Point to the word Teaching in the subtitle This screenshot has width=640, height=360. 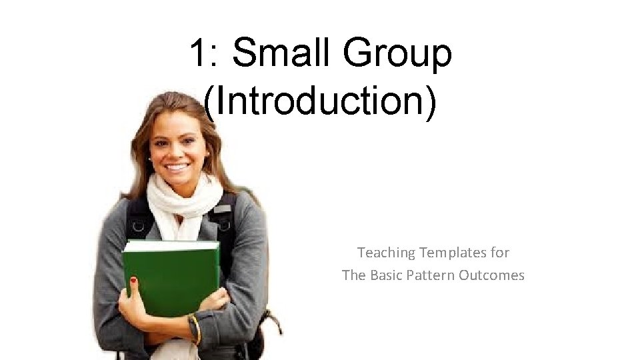[385, 253]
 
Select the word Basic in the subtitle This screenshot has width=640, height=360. [387, 275]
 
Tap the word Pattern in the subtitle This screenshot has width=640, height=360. [433, 275]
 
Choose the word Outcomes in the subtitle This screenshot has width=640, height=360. [492, 275]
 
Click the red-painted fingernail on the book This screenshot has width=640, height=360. [133, 281]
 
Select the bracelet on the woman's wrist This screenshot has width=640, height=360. [195, 328]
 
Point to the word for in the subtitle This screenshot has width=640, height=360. [501, 253]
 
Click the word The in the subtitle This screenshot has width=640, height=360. [354, 275]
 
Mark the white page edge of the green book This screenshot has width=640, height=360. [171, 247]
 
